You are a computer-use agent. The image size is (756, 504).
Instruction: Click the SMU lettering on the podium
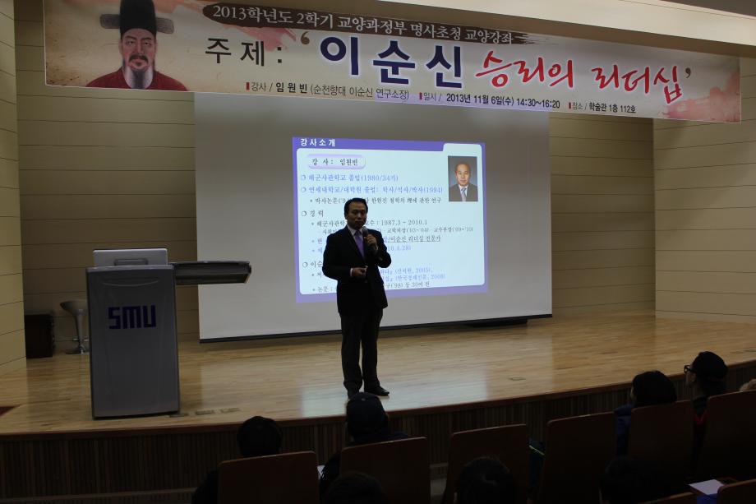131,317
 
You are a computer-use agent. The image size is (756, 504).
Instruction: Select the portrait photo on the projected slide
463,178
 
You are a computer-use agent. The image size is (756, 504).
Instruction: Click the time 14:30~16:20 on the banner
539,104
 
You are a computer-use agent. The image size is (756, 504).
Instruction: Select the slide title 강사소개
317,143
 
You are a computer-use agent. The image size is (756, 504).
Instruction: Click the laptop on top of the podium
130,257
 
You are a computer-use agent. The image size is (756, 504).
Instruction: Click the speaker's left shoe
377,391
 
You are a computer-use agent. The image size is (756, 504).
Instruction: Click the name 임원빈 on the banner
290,88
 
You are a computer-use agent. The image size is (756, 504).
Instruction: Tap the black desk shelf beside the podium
212,271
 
